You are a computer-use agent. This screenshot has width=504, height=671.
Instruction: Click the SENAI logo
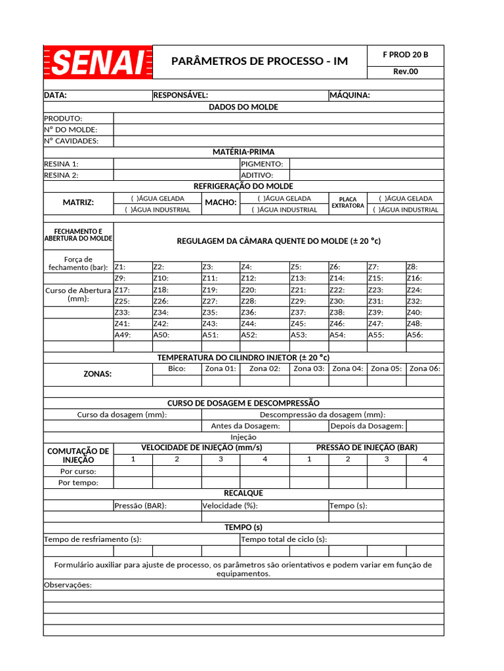98,62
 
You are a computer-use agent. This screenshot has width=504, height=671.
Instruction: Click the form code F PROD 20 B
405,55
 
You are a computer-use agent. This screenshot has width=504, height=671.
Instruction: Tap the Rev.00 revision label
405,72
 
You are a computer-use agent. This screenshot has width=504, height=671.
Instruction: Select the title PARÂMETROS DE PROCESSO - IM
259,62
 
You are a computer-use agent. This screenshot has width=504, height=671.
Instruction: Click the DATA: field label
56,95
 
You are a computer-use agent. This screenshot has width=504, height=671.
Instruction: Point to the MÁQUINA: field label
350,95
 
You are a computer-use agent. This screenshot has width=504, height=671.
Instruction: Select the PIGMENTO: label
262,164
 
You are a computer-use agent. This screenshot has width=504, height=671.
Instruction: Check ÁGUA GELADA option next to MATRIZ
157,199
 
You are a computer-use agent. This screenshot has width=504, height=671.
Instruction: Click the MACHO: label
220,203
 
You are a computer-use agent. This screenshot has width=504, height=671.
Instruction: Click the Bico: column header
177,369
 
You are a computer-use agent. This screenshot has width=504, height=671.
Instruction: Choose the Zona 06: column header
425,369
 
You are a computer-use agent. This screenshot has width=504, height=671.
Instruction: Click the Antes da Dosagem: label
245,426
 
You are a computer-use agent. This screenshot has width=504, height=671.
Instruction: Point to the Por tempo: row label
79,483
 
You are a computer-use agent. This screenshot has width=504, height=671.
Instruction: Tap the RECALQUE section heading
243,493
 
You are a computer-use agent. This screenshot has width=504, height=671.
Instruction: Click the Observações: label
68,585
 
